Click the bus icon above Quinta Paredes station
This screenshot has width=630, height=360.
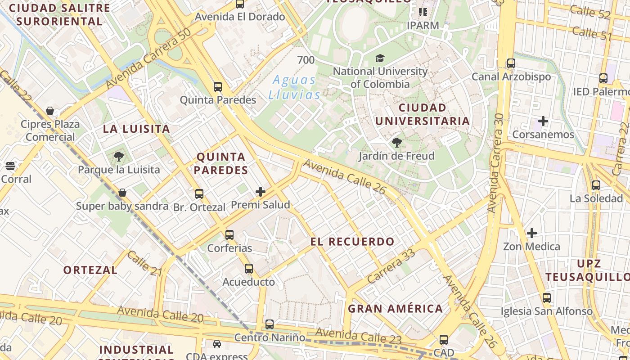click(218, 86)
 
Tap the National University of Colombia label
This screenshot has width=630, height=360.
click(380, 77)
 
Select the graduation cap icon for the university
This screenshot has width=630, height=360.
click(380, 58)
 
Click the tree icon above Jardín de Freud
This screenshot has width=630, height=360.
click(396, 143)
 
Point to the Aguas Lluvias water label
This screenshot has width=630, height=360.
click(294, 87)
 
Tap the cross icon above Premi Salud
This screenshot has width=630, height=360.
click(261, 192)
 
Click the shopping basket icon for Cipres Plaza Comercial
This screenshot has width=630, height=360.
click(50, 111)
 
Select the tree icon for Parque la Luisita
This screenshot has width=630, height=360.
click(119, 157)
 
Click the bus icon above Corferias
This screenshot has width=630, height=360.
click(229, 234)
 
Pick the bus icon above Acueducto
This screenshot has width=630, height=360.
click(249, 269)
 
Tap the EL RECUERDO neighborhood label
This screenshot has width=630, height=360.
click(352, 242)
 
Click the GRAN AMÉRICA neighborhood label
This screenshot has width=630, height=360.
click(395, 309)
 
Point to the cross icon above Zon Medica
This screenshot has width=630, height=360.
click(532, 233)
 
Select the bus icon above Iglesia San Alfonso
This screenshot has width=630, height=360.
click(547, 298)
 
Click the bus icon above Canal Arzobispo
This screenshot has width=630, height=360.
click(511, 63)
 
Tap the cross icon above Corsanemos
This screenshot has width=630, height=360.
click(543, 121)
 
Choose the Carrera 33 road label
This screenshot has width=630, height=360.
click(391, 266)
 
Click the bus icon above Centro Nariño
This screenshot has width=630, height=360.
click(270, 324)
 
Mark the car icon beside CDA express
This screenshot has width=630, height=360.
click(217, 344)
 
